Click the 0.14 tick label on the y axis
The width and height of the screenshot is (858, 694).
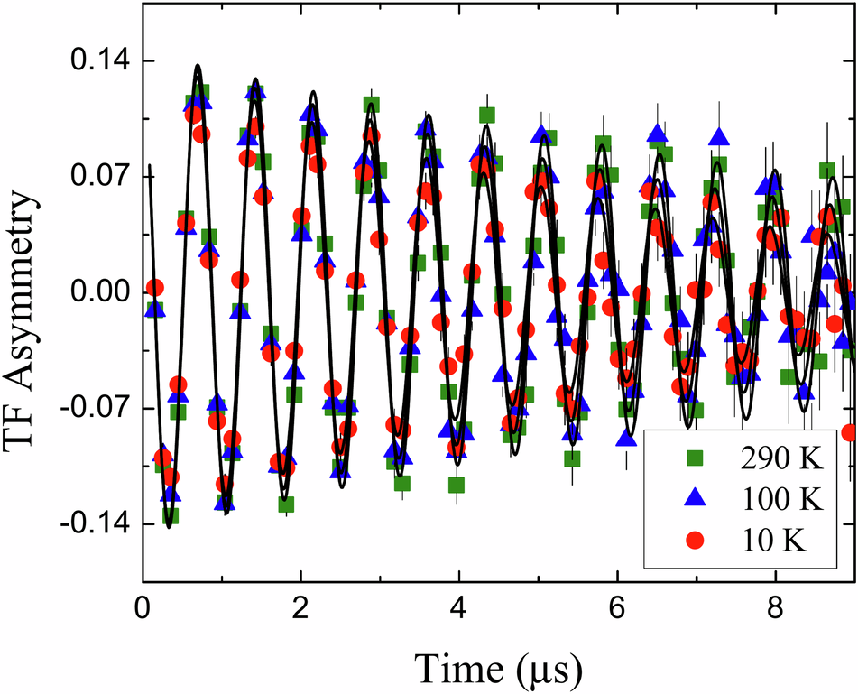tap(97, 61)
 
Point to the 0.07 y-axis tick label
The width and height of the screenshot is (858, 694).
tap(97, 177)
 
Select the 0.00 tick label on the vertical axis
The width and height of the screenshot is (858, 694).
tap(97, 292)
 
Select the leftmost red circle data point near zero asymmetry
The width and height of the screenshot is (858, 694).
tap(154, 288)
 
